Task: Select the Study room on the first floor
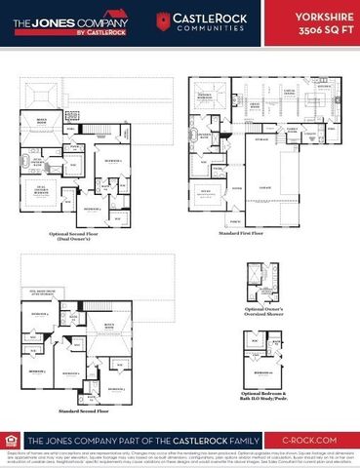click(207, 191)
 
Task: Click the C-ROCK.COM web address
click(313, 440)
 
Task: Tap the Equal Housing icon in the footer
click(15, 440)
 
